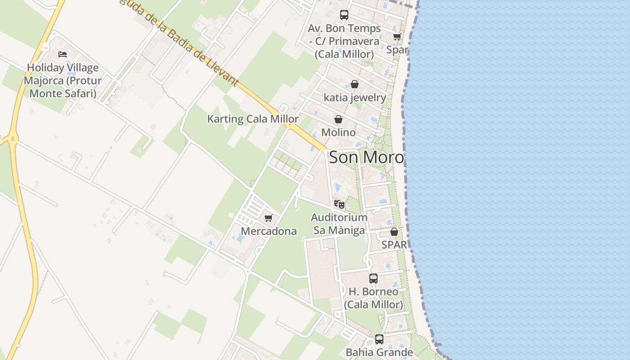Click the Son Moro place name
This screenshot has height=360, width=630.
[366, 157]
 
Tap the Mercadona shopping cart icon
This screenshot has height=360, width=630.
[269, 218]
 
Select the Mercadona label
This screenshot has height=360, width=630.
[269, 231]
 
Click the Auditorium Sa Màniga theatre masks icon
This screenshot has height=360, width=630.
[339, 204]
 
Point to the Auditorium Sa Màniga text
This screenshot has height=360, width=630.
[339, 224]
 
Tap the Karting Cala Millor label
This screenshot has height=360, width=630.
[252, 119]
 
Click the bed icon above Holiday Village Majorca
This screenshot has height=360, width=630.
[63, 54]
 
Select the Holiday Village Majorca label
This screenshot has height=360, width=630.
[63, 81]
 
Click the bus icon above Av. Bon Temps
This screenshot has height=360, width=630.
[344, 14]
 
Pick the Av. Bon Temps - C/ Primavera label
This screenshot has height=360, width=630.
[344, 41]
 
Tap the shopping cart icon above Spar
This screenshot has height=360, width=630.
[397, 36]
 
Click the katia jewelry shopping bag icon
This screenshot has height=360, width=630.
[355, 84]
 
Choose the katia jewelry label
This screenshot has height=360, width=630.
[355, 98]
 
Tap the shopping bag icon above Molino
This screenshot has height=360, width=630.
[338, 119]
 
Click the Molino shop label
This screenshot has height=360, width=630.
[338, 133]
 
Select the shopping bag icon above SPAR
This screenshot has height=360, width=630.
[394, 232]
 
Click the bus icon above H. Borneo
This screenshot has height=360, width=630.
[373, 278]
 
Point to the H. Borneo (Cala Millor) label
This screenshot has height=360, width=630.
[373, 298]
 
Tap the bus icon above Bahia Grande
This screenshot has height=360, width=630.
[379, 339]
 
